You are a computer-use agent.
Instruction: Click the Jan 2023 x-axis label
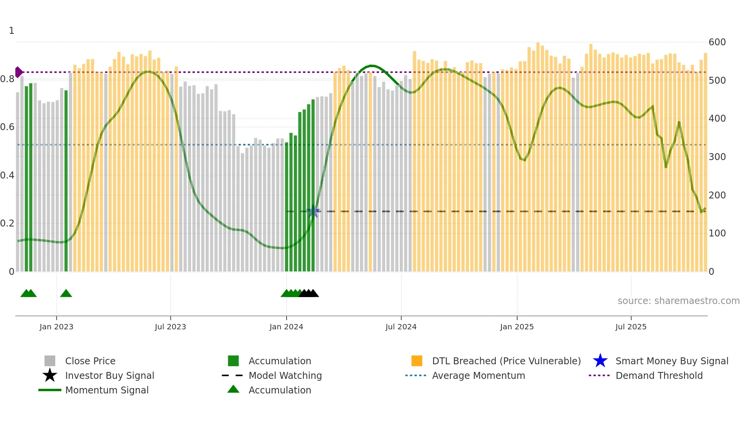pyautogui.click(x=56, y=327)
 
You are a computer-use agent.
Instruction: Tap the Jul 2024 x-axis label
pyautogui.click(x=401, y=327)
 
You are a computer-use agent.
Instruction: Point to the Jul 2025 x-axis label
pyautogui.click(x=631, y=327)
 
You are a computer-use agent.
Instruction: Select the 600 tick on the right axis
pyautogui.click(x=717, y=42)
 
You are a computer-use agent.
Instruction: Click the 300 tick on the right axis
pyautogui.click(x=717, y=157)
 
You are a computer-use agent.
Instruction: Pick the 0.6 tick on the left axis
pyautogui.click(x=7, y=127)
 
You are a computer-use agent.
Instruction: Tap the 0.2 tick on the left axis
pyautogui.click(x=7, y=223)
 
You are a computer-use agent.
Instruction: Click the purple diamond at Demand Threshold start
pyautogui.click(x=18, y=72)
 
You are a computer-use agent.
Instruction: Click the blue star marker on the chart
pyautogui.click(x=313, y=211)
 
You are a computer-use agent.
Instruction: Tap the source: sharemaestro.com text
pyautogui.click(x=678, y=301)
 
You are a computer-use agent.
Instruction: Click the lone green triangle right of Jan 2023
pyautogui.click(x=66, y=294)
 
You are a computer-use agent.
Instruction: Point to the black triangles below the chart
pyautogui.click(x=309, y=294)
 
